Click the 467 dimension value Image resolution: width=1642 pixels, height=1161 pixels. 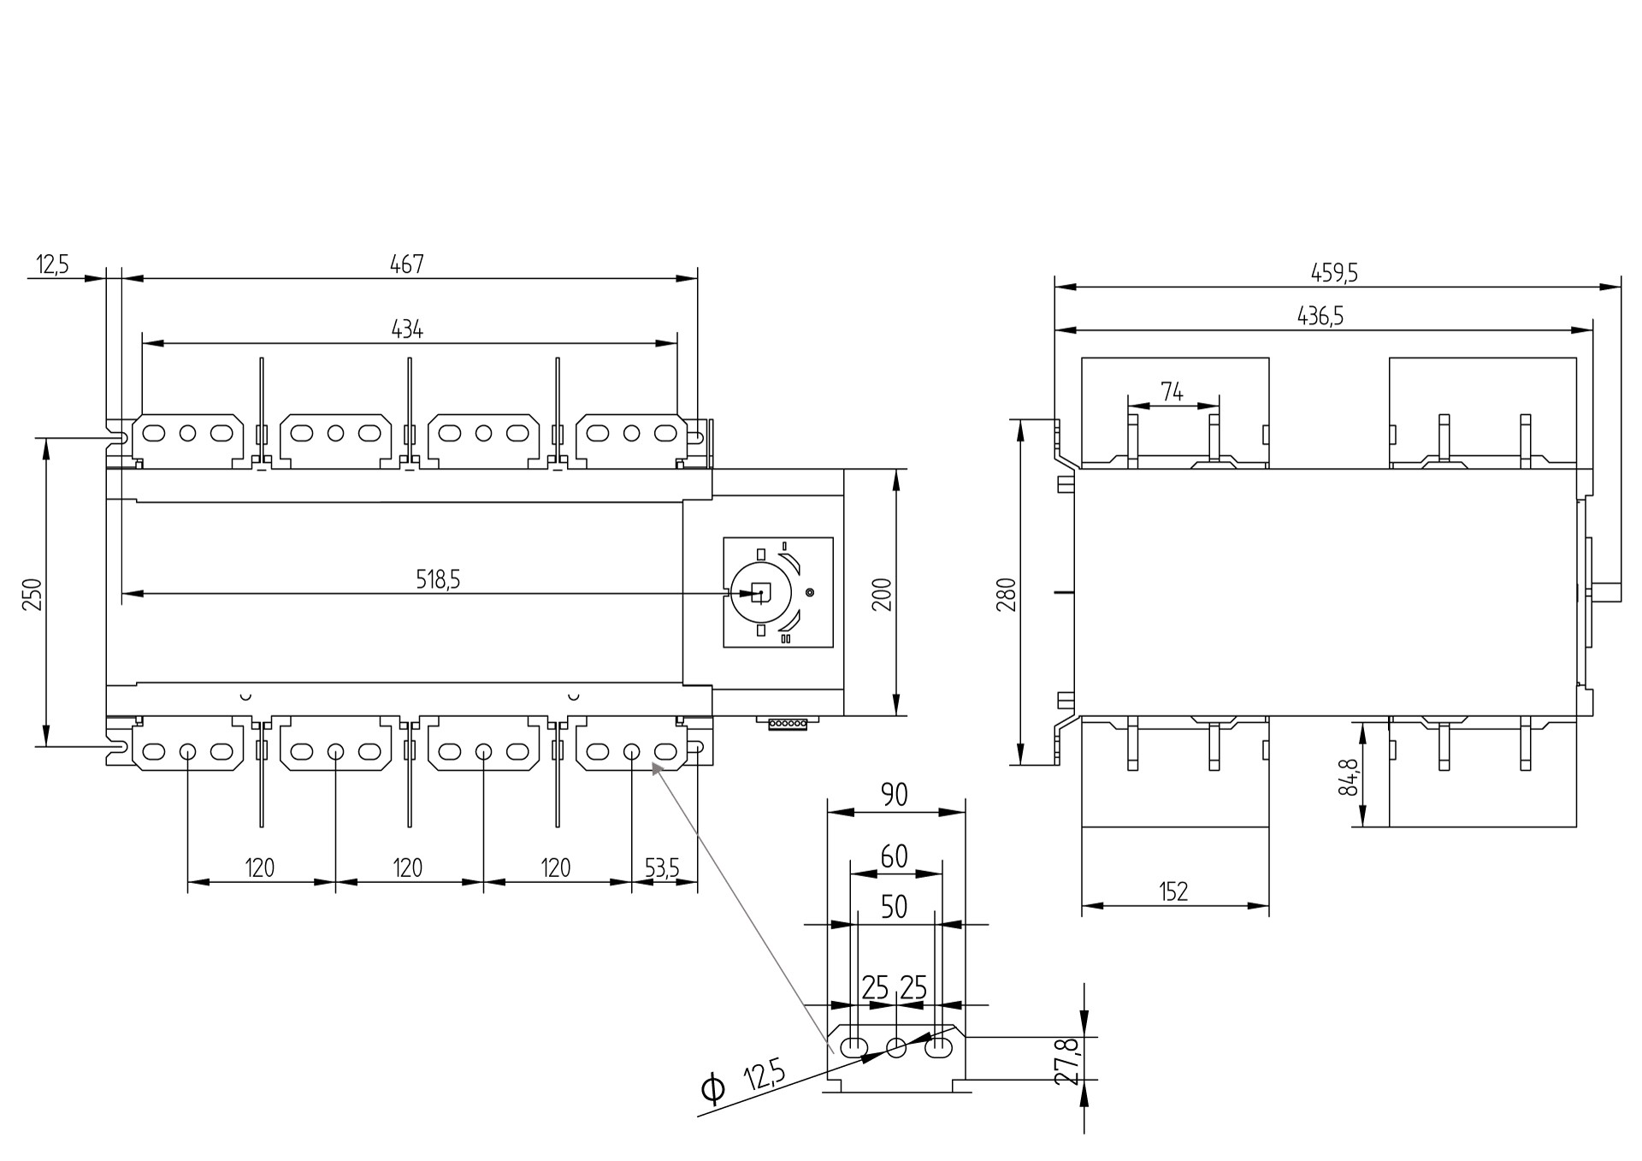tap(407, 264)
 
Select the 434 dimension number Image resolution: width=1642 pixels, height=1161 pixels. tap(407, 329)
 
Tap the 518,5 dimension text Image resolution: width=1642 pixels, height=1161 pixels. tap(438, 580)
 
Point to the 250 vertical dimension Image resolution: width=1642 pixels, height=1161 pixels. tap(32, 594)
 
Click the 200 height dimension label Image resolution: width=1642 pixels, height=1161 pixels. tap(882, 594)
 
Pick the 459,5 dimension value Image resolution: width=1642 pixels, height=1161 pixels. tap(1334, 273)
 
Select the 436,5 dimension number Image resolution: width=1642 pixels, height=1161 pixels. tap(1320, 317)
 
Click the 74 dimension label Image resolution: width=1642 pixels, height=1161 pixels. tap(1172, 392)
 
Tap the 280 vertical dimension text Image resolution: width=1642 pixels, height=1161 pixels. tap(1007, 594)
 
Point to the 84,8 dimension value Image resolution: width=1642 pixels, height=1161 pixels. tap(1348, 777)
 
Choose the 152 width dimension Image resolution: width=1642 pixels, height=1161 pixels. tap(1173, 892)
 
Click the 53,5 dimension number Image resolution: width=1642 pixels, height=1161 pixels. tap(662, 868)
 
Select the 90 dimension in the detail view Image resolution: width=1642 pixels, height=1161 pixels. tap(894, 795)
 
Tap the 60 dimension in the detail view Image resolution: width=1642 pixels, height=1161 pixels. tap(894, 856)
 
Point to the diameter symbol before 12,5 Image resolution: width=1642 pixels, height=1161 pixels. tap(712, 1089)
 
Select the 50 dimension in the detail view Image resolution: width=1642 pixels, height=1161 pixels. tap(894, 907)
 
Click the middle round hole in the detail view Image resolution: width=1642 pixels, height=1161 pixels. tap(896, 1047)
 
